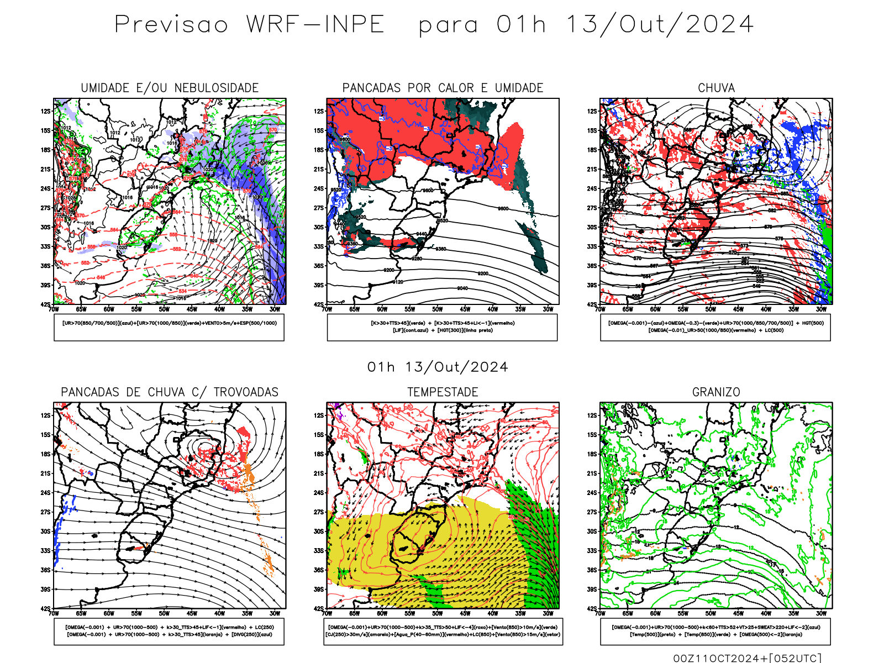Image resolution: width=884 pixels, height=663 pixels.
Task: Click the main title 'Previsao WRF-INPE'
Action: pyautogui.click(x=249, y=25)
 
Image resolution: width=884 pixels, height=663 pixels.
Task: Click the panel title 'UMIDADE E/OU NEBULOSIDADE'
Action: pyautogui.click(x=170, y=88)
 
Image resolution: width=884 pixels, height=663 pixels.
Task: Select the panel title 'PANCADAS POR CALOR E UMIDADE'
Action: pyautogui.click(x=443, y=88)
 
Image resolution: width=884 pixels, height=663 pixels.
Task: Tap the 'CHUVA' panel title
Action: pyautogui.click(x=716, y=88)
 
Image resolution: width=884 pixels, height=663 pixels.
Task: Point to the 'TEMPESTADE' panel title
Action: pyautogui.click(x=443, y=392)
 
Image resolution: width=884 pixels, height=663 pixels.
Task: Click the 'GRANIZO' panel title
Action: pyautogui.click(x=716, y=392)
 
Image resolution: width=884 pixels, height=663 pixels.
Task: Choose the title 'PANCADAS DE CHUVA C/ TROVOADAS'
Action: pyautogui.click(x=170, y=392)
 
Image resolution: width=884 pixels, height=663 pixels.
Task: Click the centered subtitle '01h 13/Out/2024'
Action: pyautogui.click(x=438, y=367)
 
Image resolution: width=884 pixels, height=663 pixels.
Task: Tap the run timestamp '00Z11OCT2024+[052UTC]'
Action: pyautogui.click(x=747, y=657)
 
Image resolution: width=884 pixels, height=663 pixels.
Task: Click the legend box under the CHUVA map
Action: pyautogui.click(x=715, y=327)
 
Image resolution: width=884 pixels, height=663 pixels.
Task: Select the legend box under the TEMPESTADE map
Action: pyautogui.click(x=443, y=631)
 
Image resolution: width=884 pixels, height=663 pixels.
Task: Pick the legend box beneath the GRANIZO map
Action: pyautogui.click(x=715, y=631)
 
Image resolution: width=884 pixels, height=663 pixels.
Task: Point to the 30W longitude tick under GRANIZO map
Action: pyautogui.click(x=821, y=613)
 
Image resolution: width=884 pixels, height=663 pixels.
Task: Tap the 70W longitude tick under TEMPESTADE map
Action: pyautogui.click(x=327, y=613)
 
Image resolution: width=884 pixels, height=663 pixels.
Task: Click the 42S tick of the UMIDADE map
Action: pyautogui.click(x=45, y=304)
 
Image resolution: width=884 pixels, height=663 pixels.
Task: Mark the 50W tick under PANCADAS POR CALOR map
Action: pyautogui.click(x=437, y=309)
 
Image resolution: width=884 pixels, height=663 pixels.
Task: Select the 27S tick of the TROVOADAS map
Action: pyautogui.click(x=45, y=512)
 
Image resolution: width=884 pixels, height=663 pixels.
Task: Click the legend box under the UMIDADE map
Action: pyautogui.click(x=169, y=327)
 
